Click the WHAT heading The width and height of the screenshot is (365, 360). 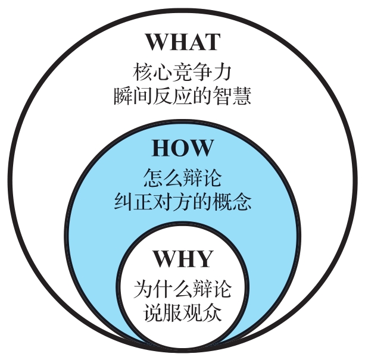[x=183, y=42]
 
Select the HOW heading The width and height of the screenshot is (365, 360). [x=182, y=148]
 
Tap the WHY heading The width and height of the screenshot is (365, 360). [x=183, y=259]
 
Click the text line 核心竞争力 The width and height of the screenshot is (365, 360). [x=182, y=72]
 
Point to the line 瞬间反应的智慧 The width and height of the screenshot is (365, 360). [x=182, y=95]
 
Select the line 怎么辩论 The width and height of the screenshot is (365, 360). [x=182, y=178]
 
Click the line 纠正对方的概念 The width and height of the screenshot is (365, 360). [x=182, y=201]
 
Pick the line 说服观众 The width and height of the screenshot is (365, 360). [x=182, y=312]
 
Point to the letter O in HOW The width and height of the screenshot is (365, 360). [x=182, y=148]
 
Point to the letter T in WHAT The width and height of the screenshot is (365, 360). [x=212, y=42]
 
